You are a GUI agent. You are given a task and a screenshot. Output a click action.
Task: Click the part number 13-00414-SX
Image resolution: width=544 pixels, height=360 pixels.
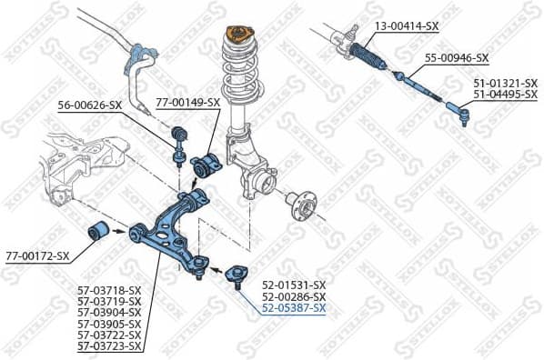[x=406, y=25]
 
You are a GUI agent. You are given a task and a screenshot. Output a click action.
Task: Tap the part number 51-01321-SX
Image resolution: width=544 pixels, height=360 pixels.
[x=505, y=83]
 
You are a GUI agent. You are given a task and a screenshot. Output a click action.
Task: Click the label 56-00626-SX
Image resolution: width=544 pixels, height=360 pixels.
[x=89, y=105]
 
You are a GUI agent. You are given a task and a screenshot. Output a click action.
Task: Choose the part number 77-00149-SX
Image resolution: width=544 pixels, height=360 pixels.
[x=187, y=102]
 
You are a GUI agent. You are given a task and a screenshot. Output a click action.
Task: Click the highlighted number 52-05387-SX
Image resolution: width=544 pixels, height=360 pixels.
[x=293, y=309]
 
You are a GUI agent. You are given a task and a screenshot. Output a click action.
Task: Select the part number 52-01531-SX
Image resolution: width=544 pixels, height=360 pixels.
[x=293, y=285]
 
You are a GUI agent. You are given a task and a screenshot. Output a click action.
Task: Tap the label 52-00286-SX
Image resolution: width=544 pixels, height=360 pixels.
[x=293, y=297]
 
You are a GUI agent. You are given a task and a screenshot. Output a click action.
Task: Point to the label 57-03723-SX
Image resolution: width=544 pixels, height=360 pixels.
[x=109, y=346]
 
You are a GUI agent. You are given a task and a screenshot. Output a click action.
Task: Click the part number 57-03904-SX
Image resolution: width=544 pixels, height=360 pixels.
[x=109, y=312]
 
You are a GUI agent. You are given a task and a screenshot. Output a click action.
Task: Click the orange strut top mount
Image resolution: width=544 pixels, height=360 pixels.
[x=238, y=34]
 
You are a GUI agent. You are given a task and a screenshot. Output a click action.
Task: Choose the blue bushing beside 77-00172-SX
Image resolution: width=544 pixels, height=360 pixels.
[x=98, y=230]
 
